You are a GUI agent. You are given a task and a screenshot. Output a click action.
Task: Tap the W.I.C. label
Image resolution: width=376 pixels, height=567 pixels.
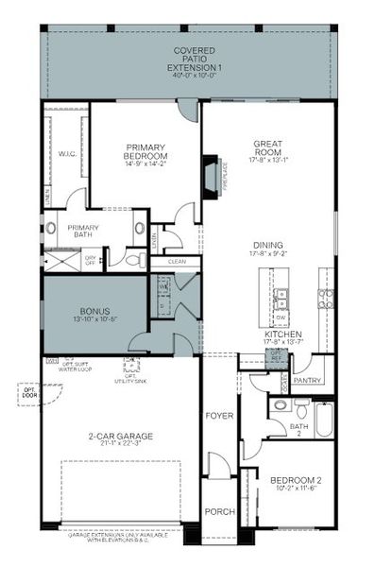(66, 153)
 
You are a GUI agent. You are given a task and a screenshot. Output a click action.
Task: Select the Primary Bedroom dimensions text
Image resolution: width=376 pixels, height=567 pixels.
(145, 163)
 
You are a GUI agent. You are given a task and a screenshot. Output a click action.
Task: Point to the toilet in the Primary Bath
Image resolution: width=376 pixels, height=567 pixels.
(141, 228)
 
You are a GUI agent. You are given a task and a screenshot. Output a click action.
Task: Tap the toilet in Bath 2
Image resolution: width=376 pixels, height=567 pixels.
(280, 406)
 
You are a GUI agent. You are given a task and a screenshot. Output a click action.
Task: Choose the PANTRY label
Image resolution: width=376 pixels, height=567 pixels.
(307, 381)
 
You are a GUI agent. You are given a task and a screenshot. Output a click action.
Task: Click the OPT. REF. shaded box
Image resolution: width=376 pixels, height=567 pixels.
(277, 358)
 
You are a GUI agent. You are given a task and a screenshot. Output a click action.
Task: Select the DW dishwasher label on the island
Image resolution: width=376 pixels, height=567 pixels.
(281, 317)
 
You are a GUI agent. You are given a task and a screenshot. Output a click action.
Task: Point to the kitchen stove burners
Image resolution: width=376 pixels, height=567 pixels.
(326, 300)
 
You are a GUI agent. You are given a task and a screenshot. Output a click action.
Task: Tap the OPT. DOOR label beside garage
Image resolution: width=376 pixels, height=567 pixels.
(25, 391)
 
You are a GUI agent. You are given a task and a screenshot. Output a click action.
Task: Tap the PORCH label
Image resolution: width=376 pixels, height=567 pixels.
(219, 512)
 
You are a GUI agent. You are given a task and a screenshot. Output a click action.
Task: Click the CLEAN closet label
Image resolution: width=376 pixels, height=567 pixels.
(177, 262)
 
